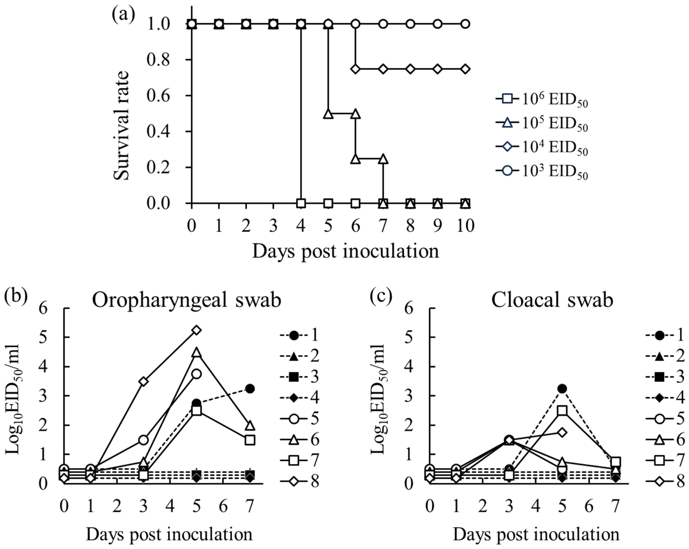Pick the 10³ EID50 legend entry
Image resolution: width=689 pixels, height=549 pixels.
542,171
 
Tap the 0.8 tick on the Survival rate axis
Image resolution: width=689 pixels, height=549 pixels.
158,60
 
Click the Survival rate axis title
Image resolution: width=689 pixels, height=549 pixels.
122,125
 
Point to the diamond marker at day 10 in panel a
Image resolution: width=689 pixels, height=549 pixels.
465,69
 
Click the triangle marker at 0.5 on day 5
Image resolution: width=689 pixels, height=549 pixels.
328,114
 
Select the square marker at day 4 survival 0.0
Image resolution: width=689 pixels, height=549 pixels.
301,203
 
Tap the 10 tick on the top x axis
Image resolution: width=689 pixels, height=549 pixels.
465,226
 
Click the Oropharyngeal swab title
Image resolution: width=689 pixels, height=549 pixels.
187,300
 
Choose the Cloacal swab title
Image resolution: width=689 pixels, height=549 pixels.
552,300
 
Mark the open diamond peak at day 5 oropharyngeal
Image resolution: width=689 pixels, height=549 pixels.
197,330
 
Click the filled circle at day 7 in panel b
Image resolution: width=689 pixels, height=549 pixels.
250,389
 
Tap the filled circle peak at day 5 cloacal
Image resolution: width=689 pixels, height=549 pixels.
562,389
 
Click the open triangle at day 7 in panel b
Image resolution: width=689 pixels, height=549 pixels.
250,426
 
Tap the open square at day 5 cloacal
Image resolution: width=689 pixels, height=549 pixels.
562,411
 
